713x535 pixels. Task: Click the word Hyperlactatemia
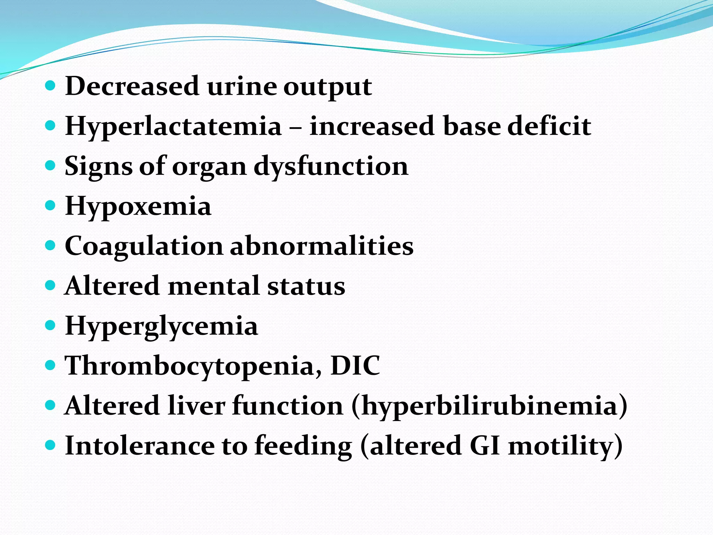[x=173, y=126]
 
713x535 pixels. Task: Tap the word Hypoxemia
[x=138, y=206]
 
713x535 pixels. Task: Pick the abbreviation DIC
[x=355, y=366]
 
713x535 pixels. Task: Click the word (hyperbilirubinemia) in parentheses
[x=489, y=406]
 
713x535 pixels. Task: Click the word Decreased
[x=132, y=86]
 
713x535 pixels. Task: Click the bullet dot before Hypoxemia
[x=50, y=205]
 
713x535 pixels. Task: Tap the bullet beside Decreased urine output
[x=50, y=85]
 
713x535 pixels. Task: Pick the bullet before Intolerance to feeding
[x=50, y=445]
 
